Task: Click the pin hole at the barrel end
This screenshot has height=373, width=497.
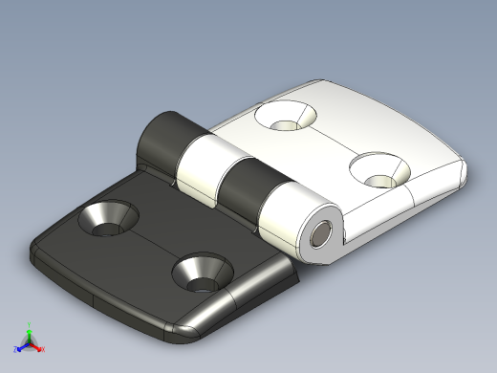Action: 321,232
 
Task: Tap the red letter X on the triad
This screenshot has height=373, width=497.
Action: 42,349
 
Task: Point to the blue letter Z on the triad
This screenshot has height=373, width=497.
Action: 16,349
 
